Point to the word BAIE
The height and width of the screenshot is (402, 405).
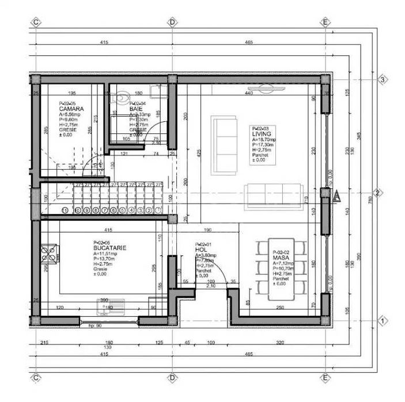tap(136, 109)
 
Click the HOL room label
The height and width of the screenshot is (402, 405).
tap(201, 250)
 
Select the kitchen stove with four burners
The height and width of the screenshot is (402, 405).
tap(48, 254)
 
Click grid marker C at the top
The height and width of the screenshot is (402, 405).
tap(36, 22)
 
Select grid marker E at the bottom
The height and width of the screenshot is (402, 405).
tap(325, 378)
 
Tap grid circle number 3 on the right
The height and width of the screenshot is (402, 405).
tap(381, 80)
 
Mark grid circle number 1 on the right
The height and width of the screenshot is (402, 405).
tap(381, 320)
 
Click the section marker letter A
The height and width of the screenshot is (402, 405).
tap(338, 196)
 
